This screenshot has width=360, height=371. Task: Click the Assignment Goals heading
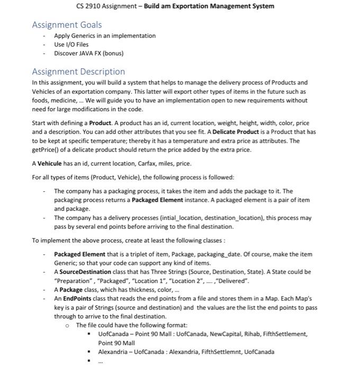(67, 25)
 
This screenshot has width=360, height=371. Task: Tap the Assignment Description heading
(78, 72)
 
